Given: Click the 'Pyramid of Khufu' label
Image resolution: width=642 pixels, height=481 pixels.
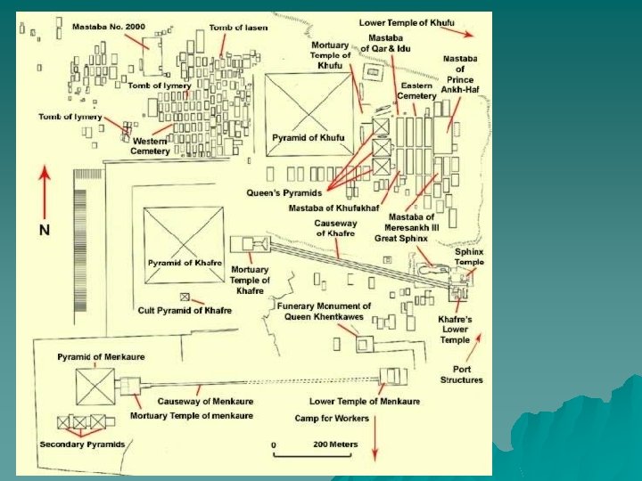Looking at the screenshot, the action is (x=309, y=137).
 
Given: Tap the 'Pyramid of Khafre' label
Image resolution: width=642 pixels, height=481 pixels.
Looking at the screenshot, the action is (x=185, y=263).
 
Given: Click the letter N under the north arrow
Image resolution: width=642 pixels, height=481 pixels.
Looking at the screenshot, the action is (x=44, y=230).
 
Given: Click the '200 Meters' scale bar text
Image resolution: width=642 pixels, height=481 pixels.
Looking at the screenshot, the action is (x=334, y=444).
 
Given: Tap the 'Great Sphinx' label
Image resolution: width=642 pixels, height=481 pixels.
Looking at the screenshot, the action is (x=403, y=238).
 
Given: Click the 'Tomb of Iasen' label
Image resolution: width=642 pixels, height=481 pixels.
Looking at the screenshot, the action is (x=238, y=28).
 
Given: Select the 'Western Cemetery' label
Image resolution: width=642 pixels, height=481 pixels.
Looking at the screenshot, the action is (x=151, y=146).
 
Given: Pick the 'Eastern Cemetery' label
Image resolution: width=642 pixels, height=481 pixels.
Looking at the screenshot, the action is (x=416, y=90).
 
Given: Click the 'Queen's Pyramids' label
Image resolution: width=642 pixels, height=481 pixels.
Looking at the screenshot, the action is (x=284, y=192).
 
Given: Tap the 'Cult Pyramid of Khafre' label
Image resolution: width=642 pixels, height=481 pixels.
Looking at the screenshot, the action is (x=185, y=310).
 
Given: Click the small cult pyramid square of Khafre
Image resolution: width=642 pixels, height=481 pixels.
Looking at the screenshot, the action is (x=185, y=297).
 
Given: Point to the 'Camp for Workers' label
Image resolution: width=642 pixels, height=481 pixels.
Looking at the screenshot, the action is (x=333, y=418).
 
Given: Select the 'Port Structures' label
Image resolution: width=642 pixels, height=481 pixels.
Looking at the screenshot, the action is (x=461, y=374).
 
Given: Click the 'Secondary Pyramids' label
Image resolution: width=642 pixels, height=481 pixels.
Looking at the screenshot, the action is (x=81, y=444).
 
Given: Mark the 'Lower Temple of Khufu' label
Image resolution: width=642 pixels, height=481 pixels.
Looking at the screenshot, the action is (x=406, y=21).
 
